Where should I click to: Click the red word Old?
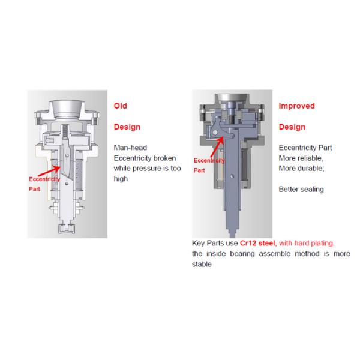click(x=121, y=106)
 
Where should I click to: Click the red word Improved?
click(x=296, y=106)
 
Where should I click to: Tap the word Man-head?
click(x=130, y=148)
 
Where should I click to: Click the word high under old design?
click(x=121, y=179)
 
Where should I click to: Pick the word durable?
click(x=311, y=168)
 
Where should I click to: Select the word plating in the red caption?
click(x=323, y=243)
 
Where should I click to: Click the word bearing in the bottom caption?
click(x=242, y=254)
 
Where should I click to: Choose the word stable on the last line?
click(x=202, y=264)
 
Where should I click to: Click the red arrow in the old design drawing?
click(x=49, y=172)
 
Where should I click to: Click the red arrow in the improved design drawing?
click(x=217, y=147)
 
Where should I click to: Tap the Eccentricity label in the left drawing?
click(x=44, y=179)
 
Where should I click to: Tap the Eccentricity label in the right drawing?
click(x=209, y=160)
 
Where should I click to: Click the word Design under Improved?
click(x=292, y=127)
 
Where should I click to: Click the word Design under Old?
click(x=127, y=127)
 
